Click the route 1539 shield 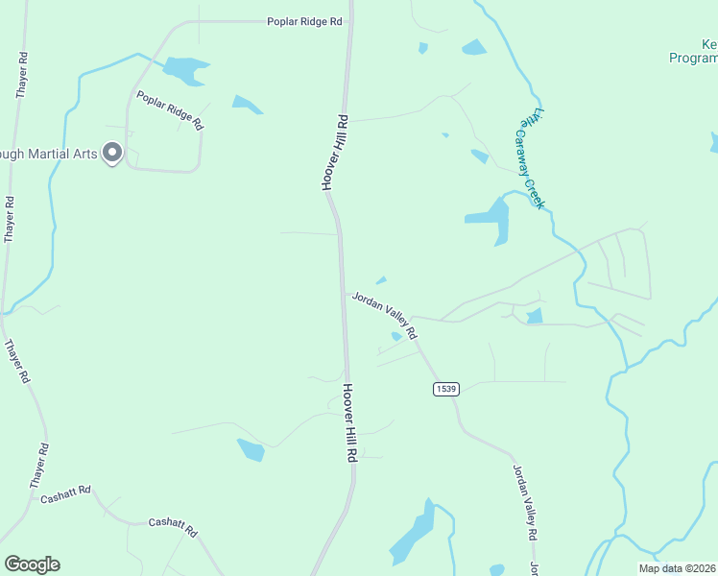point(445,389)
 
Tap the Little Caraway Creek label point(532,157)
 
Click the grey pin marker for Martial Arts point(112,154)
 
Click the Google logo point(32,564)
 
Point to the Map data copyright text point(676,568)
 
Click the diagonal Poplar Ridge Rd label point(170,110)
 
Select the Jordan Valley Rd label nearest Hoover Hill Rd point(384,315)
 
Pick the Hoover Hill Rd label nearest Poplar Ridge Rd point(333,152)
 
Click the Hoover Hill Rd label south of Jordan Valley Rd point(351,422)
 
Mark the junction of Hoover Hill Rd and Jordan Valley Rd point(344,294)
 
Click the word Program point(693,58)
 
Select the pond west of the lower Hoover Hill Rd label point(251,449)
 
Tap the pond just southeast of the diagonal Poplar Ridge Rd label point(246,104)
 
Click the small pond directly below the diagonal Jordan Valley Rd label point(396,336)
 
